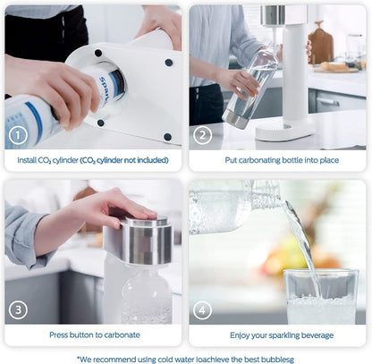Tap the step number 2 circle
(x=204, y=135)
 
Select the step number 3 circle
(x=18, y=310)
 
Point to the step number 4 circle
(x=204, y=310)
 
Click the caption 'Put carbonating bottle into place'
(x=277, y=160)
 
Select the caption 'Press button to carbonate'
(x=94, y=334)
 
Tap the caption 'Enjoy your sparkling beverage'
(x=277, y=334)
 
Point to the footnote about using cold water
(x=185, y=357)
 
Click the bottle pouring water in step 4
(x=232, y=206)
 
